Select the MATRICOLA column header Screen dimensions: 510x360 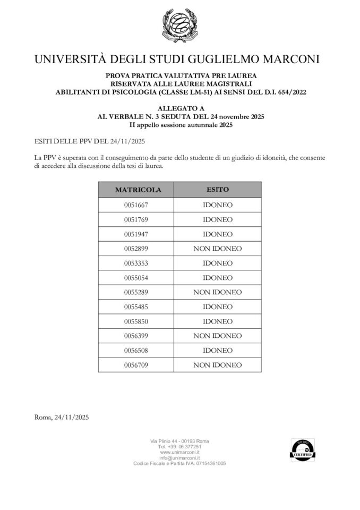coord(135,190)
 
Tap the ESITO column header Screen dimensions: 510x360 coord(217,190)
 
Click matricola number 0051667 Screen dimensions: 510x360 coord(135,205)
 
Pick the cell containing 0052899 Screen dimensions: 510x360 coord(135,249)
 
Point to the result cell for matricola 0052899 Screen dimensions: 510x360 coord(217,249)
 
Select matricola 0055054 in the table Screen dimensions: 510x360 coord(135,278)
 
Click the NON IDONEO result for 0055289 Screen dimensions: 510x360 coord(217,292)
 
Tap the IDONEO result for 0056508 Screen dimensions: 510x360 coord(217,351)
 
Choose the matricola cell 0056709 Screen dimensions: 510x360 coord(135,365)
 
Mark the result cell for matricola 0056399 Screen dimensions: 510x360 coord(217,336)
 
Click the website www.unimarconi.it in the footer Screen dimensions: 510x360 coord(179,452)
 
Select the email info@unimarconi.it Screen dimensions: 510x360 coord(179,458)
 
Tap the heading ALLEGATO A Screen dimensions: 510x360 coord(181,108)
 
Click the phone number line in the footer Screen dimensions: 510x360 coord(179,447)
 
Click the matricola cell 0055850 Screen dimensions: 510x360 coord(135,321)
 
